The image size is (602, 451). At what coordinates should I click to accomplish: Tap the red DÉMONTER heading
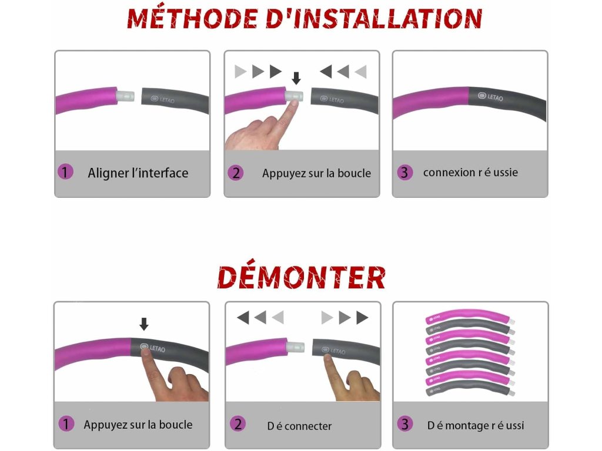click(x=301, y=277)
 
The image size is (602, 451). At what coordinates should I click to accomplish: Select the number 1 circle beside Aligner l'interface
click(x=65, y=172)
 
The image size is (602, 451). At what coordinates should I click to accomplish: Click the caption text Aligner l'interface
click(x=138, y=173)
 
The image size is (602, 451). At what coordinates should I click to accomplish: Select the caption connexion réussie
click(x=470, y=173)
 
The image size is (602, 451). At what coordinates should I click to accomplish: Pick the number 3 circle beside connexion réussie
click(x=404, y=173)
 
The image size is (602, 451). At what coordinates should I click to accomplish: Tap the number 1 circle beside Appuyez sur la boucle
click(x=66, y=424)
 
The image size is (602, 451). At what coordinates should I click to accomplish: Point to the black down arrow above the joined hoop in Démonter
click(x=144, y=324)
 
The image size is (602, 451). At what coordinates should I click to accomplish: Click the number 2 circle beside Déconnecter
click(x=237, y=424)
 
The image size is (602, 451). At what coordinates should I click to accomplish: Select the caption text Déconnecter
click(x=299, y=426)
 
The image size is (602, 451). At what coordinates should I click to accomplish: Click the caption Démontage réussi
click(x=476, y=425)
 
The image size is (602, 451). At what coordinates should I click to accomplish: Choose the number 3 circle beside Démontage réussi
click(x=404, y=424)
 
